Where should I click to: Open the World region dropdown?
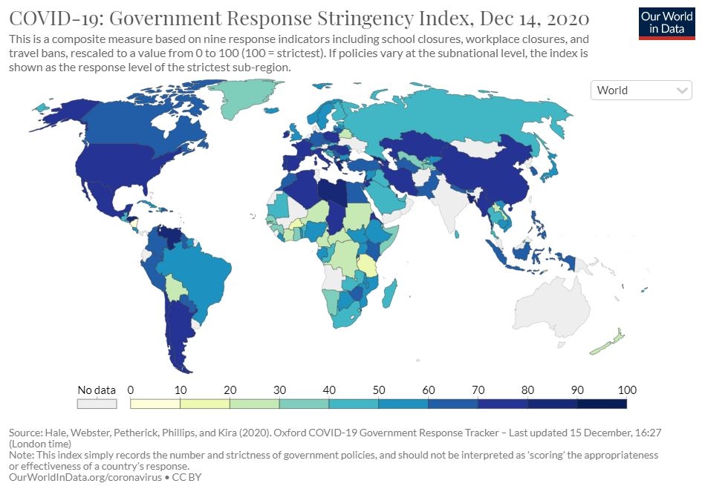[x=641, y=91]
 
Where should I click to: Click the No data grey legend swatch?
[x=97, y=404]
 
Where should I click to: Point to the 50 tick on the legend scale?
[x=378, y=390]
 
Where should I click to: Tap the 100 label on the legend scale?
[x=626, y=390]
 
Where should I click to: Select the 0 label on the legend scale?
[x=130, y=390]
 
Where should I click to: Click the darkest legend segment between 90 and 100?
[x=602, y=404]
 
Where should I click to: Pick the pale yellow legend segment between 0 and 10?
[x=155, y=404]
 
